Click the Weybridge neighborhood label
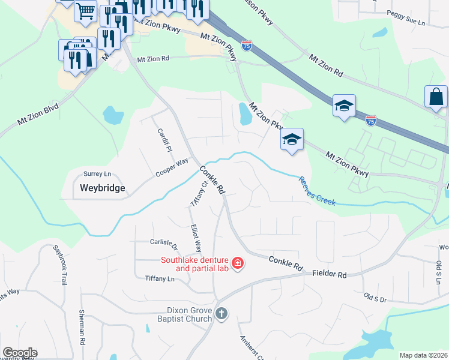tap(103, 188)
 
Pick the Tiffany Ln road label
tap(160, 278)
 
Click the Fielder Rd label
tap(330, 274)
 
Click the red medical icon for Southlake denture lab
tap(237, 263)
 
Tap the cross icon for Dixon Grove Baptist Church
tap(221, 313)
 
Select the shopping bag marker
tap(436, 97)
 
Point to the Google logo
tap(20, 353)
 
